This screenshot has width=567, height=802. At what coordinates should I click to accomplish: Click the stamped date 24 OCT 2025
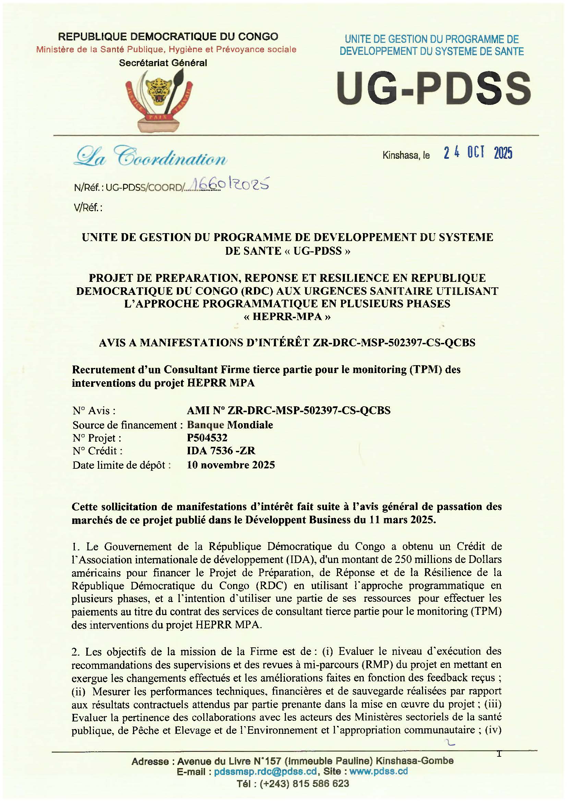click(478, 153)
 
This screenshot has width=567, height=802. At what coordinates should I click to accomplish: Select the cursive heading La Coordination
click(150, 157)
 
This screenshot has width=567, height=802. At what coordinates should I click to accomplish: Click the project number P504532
click(207, 438)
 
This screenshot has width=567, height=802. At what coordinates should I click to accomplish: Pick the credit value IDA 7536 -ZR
click(221, 451)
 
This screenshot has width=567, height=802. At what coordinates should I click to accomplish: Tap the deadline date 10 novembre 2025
click(231, 465)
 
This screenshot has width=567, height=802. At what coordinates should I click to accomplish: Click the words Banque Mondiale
click(230, 424)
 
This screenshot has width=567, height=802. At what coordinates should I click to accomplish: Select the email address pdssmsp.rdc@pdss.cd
click(265, 771)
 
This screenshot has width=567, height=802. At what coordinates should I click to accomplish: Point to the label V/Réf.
click(88, 208)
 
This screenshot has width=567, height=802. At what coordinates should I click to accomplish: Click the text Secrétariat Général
click(163, 63)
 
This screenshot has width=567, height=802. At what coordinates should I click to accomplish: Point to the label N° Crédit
click(97, 451)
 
